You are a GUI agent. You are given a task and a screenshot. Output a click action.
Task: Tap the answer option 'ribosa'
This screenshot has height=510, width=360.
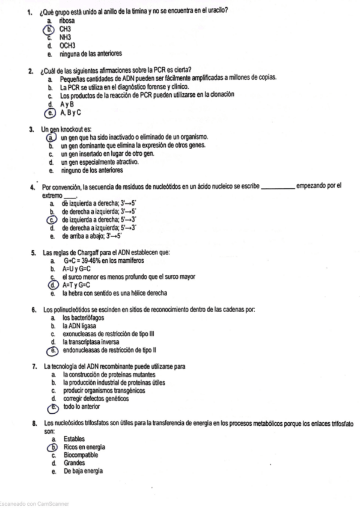click(67, 20)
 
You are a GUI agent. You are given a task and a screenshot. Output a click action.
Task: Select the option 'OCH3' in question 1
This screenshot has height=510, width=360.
click(67, 45)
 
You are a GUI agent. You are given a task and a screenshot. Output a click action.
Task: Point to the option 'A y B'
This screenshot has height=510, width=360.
click(67, 103)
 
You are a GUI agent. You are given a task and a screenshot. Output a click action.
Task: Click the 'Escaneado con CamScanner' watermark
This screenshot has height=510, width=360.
click(34, 503)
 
